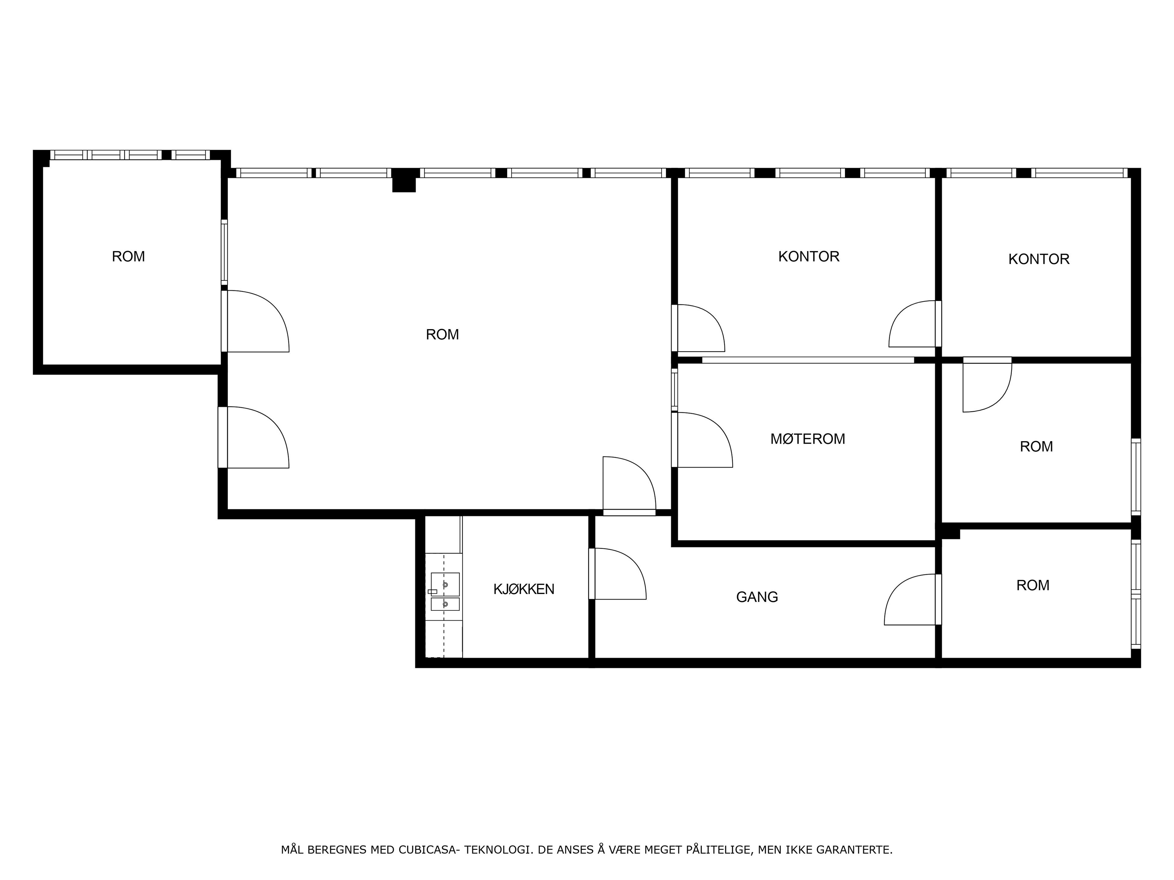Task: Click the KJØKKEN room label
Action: pos(523,589)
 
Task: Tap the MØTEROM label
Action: pos(807,439)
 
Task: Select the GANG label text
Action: pos(757,597)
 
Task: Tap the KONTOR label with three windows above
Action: pos(808,257)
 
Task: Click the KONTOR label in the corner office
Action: pos(1039,259)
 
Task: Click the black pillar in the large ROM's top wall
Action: pos(404,180)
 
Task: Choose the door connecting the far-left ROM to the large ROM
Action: pos(255,321)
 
